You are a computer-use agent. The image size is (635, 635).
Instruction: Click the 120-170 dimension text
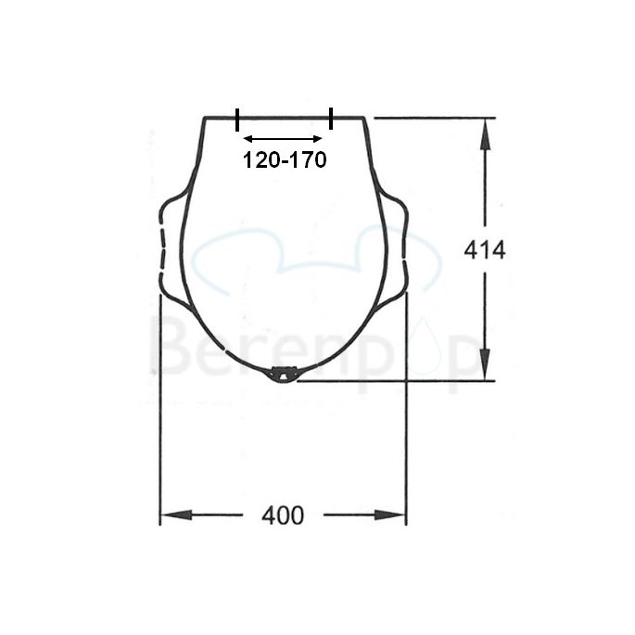pos(285,160)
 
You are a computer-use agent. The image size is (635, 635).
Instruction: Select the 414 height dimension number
pos(485,249)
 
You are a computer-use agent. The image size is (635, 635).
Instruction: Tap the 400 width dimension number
pos(283,516)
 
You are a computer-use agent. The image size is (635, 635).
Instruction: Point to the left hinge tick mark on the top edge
pos(237,119)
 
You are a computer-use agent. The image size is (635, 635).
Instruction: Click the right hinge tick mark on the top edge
pos(331,119)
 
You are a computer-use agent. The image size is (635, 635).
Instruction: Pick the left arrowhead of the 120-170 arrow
pos(248,139)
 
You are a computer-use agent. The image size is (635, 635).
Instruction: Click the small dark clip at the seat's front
pos(283,374)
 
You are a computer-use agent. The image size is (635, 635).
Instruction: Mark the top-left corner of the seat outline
pos(205,118)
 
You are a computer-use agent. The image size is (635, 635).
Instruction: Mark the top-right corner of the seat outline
pos(363,118)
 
